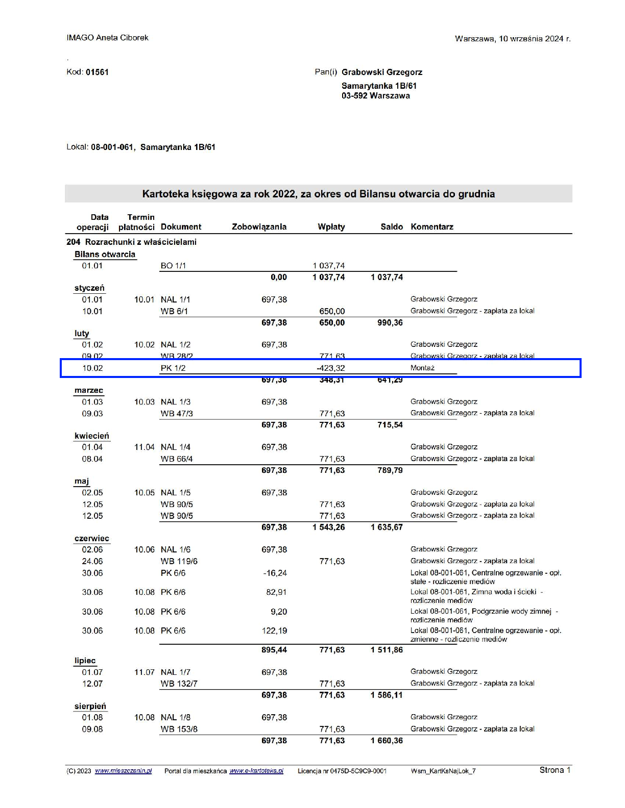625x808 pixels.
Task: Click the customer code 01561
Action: (x=97, y=72)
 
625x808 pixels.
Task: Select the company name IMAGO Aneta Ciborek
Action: (x=107, y=38)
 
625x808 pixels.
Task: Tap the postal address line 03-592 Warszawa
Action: (x=375, y=96)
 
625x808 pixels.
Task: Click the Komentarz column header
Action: (x=432, y=227)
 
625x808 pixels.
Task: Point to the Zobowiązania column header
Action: (x=259, y=227)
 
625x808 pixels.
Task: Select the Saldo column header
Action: (x=392, y=227)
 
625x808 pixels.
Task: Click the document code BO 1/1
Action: (x=173, y=266)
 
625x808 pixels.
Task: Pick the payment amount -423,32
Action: (x=331, y=368)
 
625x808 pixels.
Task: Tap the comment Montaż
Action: (x=422, y=368)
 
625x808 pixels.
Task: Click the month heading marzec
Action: (x=89, y=391)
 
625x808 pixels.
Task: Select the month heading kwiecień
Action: (x=92, y=436)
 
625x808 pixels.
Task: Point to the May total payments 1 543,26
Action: (x=329, y=527)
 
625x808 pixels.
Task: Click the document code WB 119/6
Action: (x=179, y=562)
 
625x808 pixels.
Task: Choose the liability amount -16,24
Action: (x=275, y=573)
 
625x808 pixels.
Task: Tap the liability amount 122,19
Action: (x=274, y=631)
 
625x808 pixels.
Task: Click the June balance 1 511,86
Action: (x=387, y=650)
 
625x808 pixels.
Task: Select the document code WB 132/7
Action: (x=179, y=684)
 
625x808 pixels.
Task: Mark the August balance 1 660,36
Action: (x=387, y=741)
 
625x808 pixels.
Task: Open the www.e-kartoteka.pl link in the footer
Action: (x=256, y=771)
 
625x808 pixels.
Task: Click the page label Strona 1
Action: (x=555, y=770)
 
